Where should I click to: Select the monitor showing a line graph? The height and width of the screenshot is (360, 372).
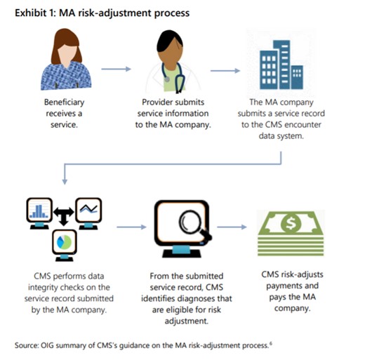pyautogui.click(x=91, y=210)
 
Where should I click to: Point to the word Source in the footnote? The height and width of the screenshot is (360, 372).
pyautogui.click(x=27, y=343)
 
